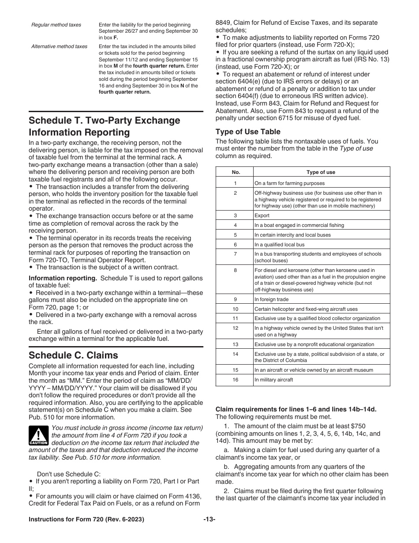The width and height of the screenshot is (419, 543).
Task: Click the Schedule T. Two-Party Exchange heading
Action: [105, 126]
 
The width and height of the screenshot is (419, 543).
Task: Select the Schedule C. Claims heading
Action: [73, 355]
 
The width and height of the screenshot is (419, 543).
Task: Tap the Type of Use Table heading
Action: [248, 132]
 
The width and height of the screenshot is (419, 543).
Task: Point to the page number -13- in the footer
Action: [209, 520]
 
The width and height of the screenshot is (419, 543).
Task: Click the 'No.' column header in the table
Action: [235, 172]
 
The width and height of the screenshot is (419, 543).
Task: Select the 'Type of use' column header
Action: [321, 172]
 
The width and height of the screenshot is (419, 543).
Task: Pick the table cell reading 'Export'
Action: [262, 215]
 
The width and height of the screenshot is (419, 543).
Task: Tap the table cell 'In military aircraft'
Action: [273, 380]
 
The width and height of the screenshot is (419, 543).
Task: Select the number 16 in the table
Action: [235, 380]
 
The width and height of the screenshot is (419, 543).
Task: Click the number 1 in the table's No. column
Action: [235, 183]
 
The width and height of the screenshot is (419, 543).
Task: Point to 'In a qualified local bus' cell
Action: [279, 244]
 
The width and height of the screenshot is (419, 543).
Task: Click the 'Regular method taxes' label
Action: [56, 25]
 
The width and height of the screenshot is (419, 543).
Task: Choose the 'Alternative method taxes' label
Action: [59, 46]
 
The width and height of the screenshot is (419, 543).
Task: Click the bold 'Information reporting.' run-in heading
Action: [63, 278]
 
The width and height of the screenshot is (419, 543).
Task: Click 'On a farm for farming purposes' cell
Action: [289, 183]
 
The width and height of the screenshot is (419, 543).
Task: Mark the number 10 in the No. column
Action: [235, 309]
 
